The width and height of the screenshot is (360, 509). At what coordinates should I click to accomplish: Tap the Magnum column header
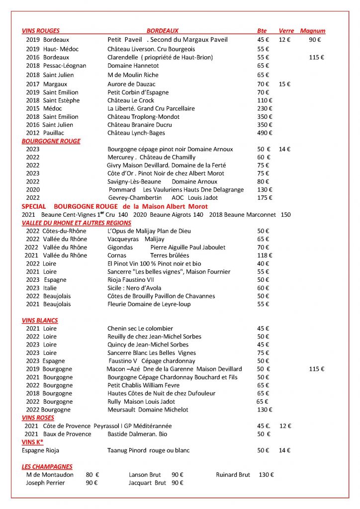(x=313, y=31)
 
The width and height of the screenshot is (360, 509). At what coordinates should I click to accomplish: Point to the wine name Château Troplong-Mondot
(x=143, y=116)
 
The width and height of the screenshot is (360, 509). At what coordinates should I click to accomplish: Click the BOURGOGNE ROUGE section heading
(x=51, y=141)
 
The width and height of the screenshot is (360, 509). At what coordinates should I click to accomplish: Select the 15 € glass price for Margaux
(x=285, y=84)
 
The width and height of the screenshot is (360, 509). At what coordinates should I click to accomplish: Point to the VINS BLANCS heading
(x=40, y=321)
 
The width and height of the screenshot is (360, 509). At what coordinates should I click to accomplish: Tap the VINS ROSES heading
(x=38, y=418)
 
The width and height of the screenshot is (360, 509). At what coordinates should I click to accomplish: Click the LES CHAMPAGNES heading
(x=47, y=467)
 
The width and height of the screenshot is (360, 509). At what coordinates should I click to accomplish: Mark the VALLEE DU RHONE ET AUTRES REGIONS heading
(x=77, y=223)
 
